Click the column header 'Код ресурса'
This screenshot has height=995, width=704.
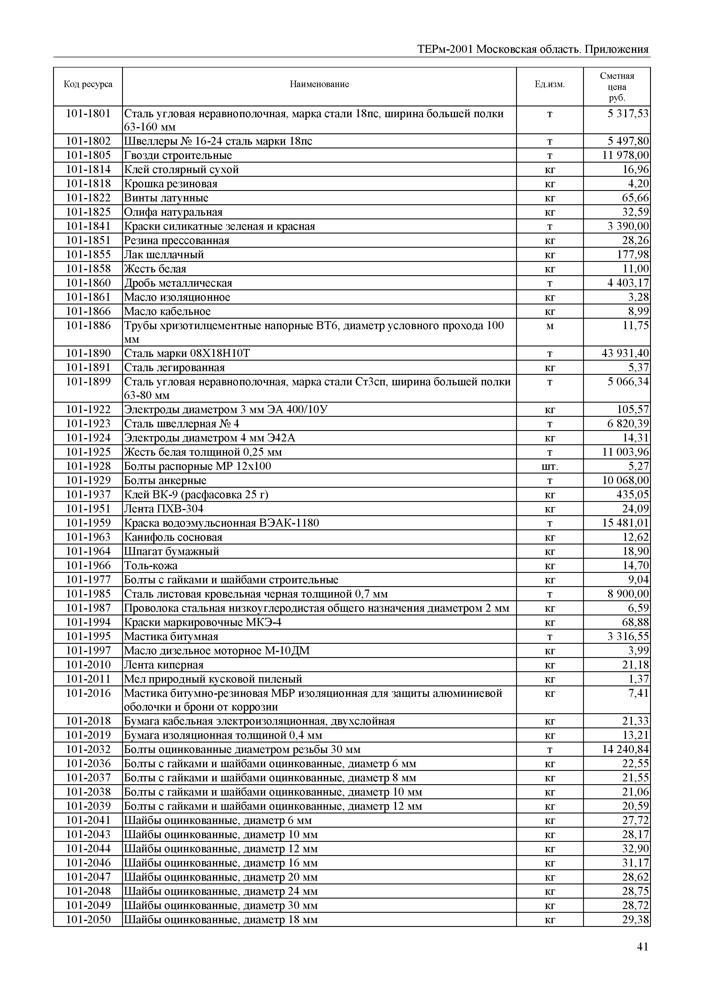point(88,84)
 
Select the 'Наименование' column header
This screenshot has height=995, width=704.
point(319,84)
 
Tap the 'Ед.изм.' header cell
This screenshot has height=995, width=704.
point(550,84)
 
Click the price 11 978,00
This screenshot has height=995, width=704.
point(626,155)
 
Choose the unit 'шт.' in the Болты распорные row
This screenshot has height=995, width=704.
point(550,466)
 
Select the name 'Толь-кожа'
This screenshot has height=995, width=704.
point(151,565)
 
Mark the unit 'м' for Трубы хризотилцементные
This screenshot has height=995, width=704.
point(550,326)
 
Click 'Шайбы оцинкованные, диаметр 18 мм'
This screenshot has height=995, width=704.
point(221,919)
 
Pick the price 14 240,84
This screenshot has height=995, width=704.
point(626,749)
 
